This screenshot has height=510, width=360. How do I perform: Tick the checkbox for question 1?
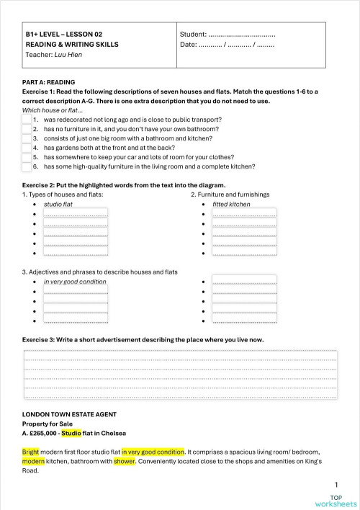tap(27, 120)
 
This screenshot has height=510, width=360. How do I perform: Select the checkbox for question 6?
tap(27, 167)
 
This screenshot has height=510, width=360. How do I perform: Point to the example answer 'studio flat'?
tap(58, 205)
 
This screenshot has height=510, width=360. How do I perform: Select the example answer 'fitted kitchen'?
tap(231, 205)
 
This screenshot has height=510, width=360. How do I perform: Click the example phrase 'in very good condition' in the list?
tap(75, 282)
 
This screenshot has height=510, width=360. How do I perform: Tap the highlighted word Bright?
tap(31, 452)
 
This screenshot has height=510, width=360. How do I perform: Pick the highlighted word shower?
tap(124, 461)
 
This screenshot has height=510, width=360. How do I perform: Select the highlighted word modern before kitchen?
tap(33, 461)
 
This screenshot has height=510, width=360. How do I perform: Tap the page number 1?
tap(336, 486)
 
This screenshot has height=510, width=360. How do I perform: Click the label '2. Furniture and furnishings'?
tap(230, 194)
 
